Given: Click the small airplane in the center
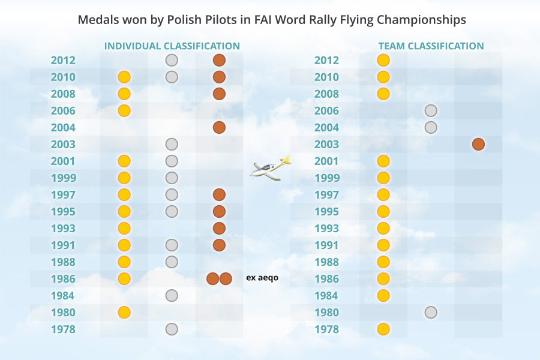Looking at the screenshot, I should (x=270, y=168).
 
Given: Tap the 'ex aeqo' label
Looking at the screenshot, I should (x=262, y=278).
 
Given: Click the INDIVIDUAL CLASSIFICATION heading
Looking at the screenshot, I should (x=172, y=46).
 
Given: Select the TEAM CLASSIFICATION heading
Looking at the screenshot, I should (x=431, y=46).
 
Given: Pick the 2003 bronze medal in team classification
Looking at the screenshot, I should (x=478, y=144).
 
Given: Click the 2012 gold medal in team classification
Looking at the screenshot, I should (x=383, y=60).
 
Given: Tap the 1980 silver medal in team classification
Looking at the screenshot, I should (x=430, y=312).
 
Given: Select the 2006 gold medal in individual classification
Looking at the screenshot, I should (x=124, y=110).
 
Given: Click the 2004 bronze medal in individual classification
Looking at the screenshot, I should (x=219, y=127).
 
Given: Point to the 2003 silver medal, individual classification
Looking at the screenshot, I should (x=172, y=144).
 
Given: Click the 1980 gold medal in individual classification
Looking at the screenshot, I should (x=124, y=312).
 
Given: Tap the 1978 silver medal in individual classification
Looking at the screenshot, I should (x=172, y=329).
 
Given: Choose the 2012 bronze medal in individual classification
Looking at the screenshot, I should (x=219, y=60).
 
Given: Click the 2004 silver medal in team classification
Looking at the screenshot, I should (x=430, y=127).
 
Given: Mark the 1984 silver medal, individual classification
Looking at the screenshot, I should (x=172, y=295).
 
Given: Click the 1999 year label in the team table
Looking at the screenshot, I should (x=326, y=178).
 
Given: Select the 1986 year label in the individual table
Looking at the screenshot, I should (x=63, y=279).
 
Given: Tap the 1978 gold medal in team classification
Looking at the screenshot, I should (x=383, y=329).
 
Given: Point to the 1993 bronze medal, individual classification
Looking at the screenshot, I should (x=219, y=228).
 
